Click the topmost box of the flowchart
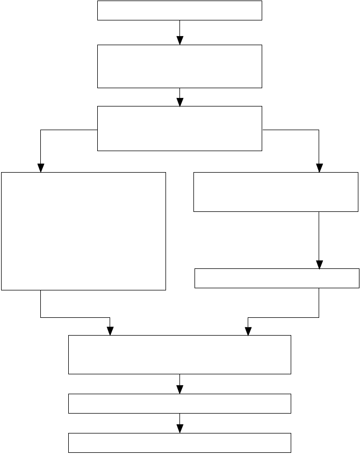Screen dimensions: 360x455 click(179, 11)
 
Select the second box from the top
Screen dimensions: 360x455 click(179, 66)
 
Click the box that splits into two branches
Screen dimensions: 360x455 click(179, 128)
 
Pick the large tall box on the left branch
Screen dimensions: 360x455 click(83, 231)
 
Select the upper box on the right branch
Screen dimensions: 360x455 click(276, 192)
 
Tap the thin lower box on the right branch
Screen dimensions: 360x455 click(276, 278)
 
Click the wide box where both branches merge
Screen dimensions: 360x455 click(179, 354)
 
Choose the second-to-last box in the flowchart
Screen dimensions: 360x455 click(179, 403)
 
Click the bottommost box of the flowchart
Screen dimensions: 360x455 click(179, 442)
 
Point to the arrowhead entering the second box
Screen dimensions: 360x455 click(180, 41)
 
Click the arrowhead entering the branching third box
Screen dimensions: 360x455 click(180, 102)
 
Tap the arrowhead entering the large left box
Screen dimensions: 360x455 click(40, 168)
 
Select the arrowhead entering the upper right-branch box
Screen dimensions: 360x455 click(319, 168)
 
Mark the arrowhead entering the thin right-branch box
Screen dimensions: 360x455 click(319, 265)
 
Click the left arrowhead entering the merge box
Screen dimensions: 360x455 click(110, 331)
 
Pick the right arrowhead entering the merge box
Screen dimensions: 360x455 click(248, 331)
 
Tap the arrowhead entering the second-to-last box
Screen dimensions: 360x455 click(180, 390)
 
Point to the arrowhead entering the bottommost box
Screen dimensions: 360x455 click(180, 429)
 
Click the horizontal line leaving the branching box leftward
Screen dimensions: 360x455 click(69, 130)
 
